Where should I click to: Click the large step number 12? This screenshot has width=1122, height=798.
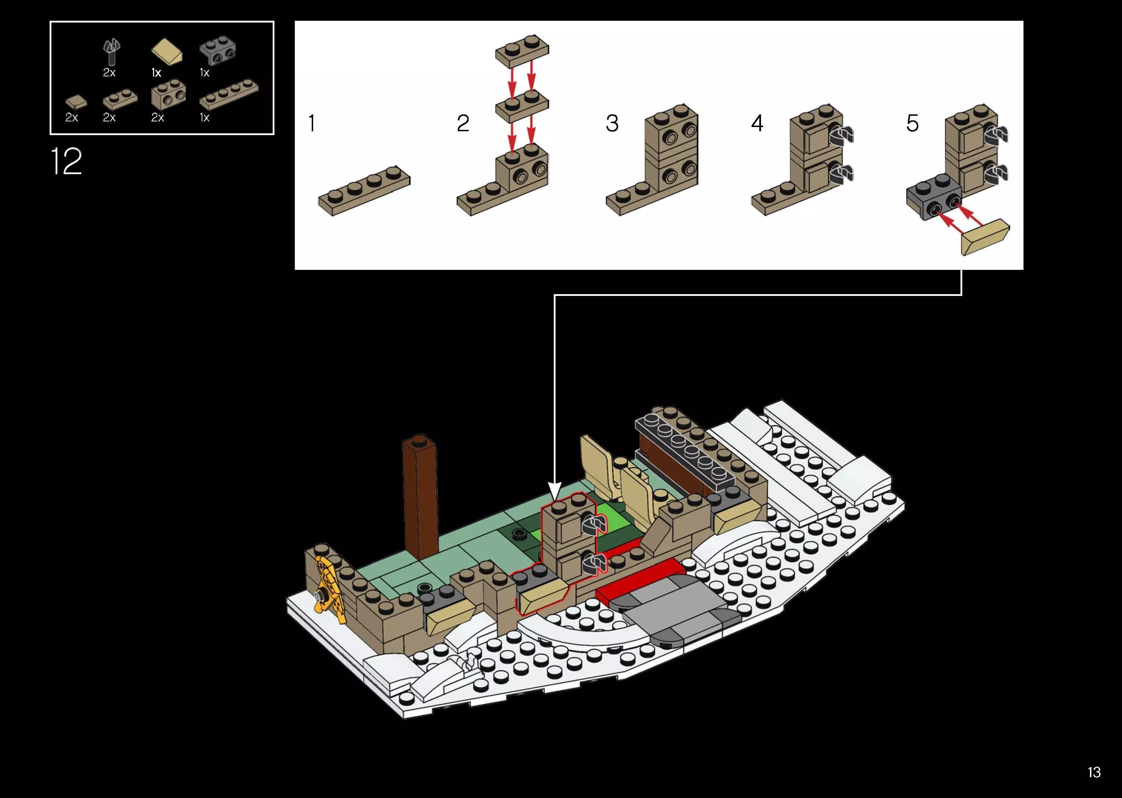66,161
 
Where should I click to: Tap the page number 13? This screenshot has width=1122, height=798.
1094,772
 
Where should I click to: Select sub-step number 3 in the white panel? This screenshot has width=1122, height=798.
612,123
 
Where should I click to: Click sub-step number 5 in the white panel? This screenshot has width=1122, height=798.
912,123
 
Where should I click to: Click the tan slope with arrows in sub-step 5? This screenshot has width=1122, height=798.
985,238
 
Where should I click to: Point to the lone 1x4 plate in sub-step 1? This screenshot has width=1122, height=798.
364,191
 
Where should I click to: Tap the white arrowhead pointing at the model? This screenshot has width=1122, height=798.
554,492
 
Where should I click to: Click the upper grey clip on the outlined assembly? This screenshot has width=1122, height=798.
594,525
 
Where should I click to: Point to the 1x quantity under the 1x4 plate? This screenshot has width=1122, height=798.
204,118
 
